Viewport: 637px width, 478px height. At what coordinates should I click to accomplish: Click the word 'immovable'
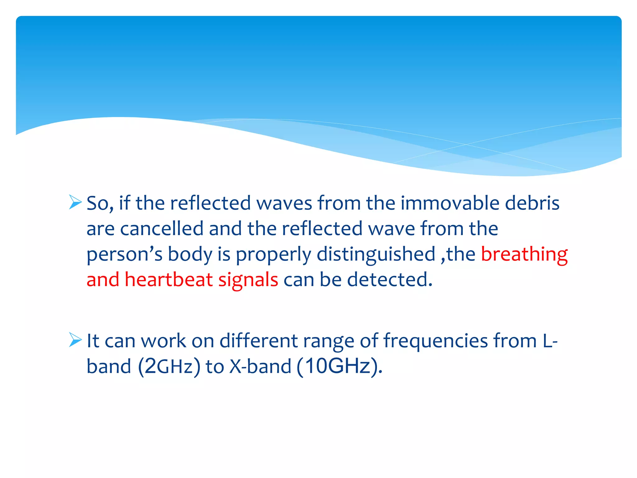[450, 203]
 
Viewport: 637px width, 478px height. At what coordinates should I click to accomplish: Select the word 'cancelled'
[162, 229]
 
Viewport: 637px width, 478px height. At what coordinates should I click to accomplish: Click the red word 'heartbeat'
[169, 279]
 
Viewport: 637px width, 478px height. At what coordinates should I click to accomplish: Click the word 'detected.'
[390, 279]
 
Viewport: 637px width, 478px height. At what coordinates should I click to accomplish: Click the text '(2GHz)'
[169, 366]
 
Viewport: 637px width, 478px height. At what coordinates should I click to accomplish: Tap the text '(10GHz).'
[339, 366]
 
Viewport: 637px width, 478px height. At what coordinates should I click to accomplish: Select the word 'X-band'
[260, 366]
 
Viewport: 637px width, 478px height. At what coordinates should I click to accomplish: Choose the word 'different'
[258, 341]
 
